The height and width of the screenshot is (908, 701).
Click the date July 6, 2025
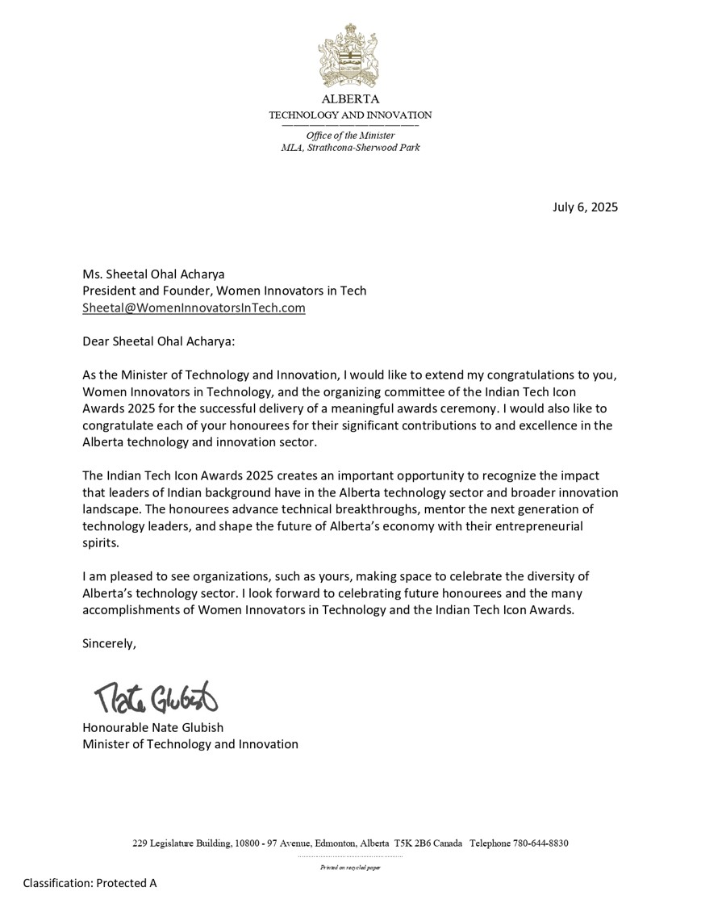[585, 207]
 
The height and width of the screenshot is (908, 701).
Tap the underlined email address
[194, 308]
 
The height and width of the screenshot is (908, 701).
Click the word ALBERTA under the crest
[350, 99]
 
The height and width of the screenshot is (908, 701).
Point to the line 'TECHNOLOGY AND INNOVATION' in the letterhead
[350, 115]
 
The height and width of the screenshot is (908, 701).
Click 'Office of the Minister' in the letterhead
[350, 136]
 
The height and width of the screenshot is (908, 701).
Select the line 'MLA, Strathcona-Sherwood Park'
[350, 148]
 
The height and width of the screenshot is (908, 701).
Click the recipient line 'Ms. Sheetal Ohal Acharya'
[153, 274]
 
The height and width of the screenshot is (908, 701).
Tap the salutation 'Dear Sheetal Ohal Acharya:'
[159, 341]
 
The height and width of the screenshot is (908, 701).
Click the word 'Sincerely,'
[109, 643]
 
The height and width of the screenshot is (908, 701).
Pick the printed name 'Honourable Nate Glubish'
[152, 727]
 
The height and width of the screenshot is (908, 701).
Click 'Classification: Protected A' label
[90, 883]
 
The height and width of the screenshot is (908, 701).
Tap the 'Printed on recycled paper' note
[350, 868]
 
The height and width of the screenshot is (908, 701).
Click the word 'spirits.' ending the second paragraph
[101, 543]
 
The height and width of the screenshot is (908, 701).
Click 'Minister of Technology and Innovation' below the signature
[190, 743]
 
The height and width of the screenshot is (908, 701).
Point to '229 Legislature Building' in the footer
[181, 843]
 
